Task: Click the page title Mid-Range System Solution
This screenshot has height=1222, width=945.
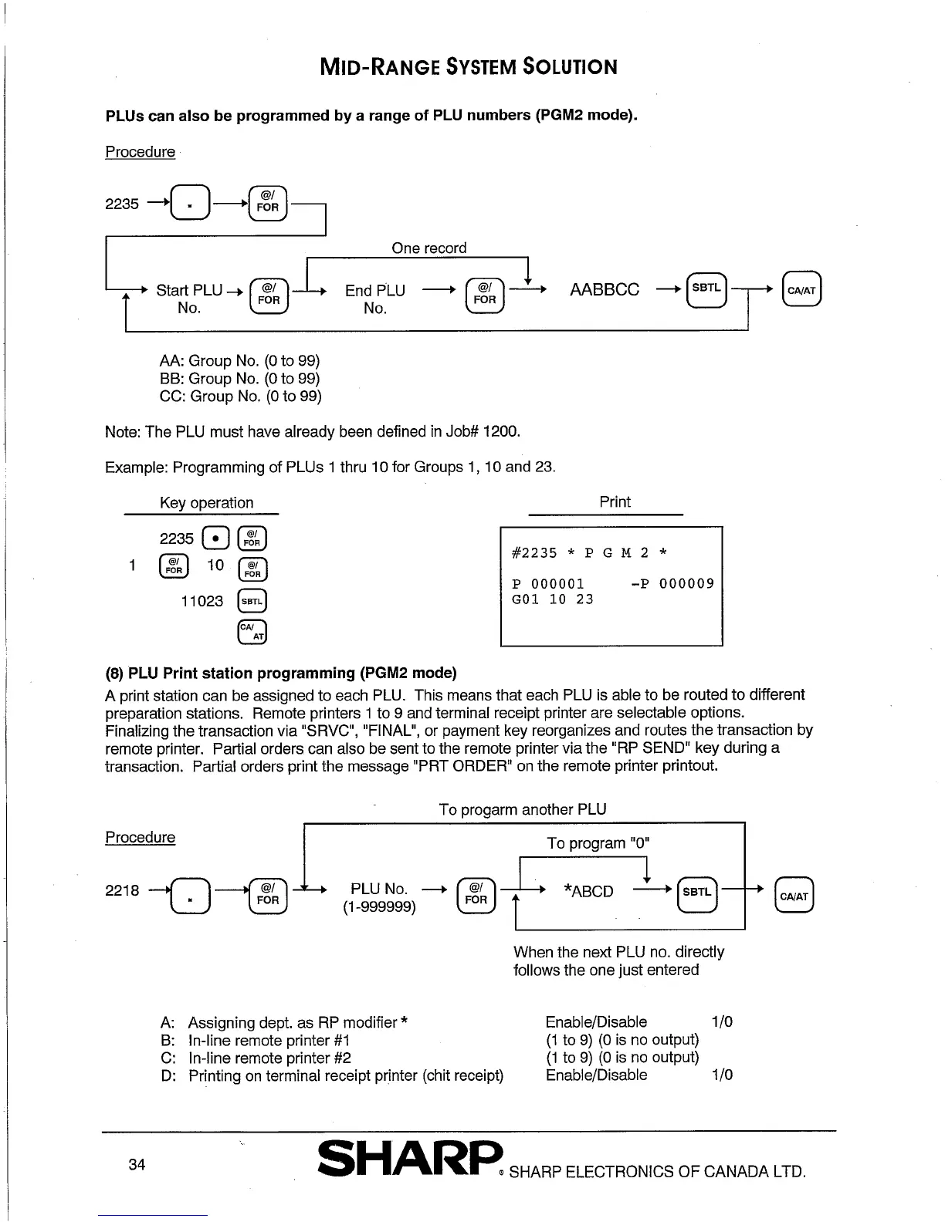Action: (469, 67)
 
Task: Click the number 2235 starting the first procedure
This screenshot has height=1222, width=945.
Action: (122, 204)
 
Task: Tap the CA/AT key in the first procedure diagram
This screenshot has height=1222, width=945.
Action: (801, 290)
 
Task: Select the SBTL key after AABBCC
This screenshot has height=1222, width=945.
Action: (706, 289)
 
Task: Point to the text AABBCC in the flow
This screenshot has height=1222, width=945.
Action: (605, 290)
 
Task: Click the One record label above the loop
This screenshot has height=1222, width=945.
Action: (428, 248)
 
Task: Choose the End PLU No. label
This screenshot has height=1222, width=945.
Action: (375, 299)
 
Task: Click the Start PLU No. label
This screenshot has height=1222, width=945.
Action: (189, 299)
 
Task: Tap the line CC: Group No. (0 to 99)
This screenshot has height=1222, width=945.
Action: (240, 397)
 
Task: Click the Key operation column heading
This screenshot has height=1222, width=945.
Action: (206, 503)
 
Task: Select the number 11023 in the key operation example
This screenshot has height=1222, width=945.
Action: (202, 601)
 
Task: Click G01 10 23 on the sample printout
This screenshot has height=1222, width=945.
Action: (553, 599)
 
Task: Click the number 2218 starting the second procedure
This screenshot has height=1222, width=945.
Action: (122, 891)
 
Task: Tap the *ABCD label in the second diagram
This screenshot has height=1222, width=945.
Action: (589, 892)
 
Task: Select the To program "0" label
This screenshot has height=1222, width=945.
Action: (598, 843)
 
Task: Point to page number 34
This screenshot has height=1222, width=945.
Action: (137, 1165)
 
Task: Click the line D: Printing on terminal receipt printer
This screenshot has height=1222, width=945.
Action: (332, 1075)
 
